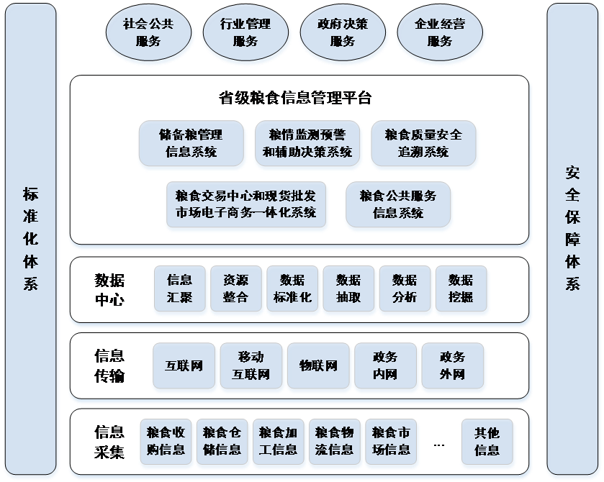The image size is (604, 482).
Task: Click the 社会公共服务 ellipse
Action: tap(148, 32)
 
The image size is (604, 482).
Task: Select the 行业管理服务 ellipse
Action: tap(245, 32)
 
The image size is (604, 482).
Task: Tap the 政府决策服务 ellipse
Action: tap(343, 32)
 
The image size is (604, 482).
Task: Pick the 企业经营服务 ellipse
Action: tap(440, 32)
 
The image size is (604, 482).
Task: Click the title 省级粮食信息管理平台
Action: tap(295, 98)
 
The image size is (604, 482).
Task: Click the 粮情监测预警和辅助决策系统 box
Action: tap(307, 143)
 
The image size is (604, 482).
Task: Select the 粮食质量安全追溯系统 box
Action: tap(423, 143)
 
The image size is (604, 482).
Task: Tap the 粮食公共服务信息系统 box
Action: tap(398, 204)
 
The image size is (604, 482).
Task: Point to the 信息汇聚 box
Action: tap(179, 288)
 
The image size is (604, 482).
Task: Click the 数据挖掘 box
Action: tap(461, 288)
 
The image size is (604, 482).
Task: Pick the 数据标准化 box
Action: tap(292, 288)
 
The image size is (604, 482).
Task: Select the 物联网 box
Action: tap(318, 365)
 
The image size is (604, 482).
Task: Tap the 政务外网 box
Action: tap(452, 365)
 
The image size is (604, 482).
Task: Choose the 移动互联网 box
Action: tap(251, 365)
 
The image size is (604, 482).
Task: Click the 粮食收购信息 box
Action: tap(166, 441)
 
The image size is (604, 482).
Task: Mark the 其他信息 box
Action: tap(487, 441)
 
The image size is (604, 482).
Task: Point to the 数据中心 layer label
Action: tap(109, 289)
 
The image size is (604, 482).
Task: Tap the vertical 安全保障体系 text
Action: tap(572, 228)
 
